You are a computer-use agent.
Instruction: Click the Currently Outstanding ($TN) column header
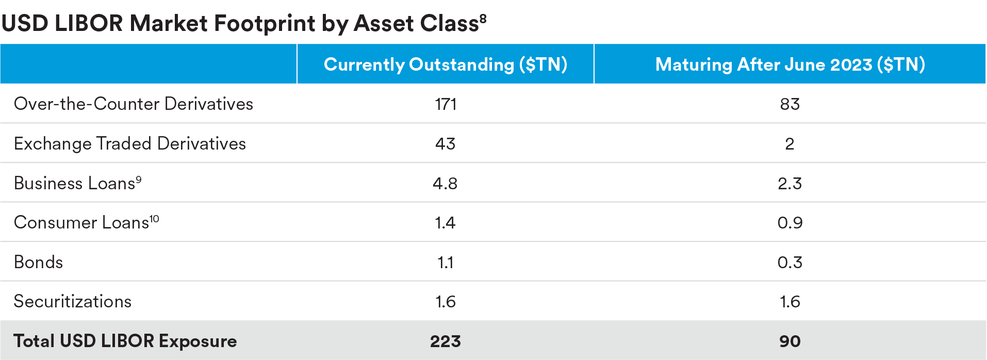[446, 64]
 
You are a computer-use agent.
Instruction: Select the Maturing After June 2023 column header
[790, 64]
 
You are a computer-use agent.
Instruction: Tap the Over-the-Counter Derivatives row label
[134, 104]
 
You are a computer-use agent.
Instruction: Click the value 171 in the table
[446, 104]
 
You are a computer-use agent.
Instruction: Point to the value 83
[789, 104]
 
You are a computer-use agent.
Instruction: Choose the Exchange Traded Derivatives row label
[130, 143]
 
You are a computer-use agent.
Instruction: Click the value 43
[446, 144]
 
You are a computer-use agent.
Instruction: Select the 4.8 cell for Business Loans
[445, 184]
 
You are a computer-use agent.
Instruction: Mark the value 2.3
[789, 184]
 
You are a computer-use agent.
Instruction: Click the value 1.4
[445, 223]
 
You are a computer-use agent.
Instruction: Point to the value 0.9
[789, 223]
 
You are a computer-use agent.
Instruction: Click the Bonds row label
[39, 262]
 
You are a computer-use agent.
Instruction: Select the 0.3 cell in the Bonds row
[789, 263]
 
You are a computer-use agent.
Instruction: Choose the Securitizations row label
[73, 301]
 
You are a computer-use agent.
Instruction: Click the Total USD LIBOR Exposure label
[125, 341]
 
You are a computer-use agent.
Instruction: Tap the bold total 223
[446, 341]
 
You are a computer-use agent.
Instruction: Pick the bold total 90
[789, 341]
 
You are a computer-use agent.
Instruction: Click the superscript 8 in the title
[483, 19]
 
